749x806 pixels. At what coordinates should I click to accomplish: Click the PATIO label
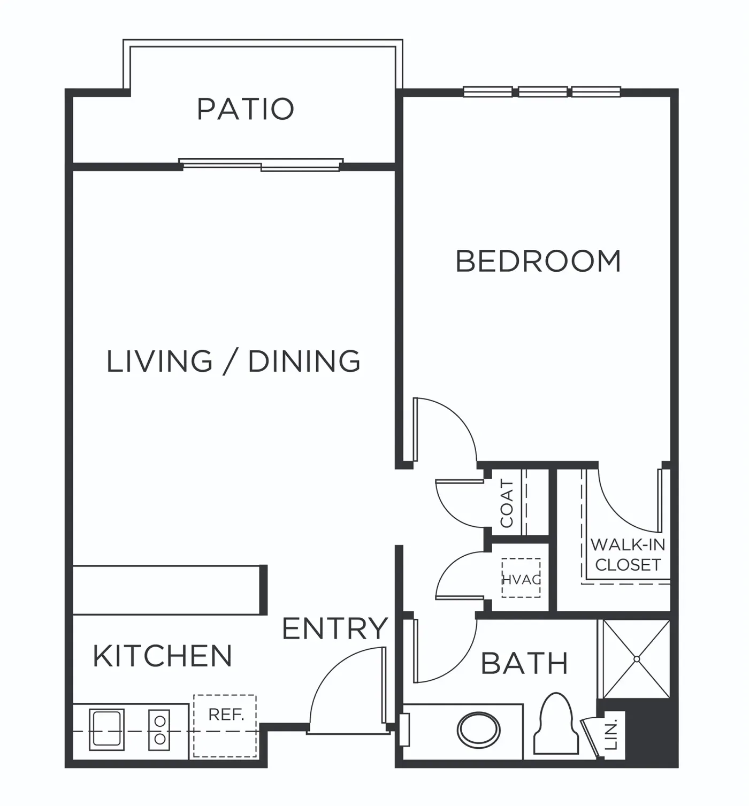click(x=245, y=109)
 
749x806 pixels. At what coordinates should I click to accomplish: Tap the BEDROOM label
click(x=538, y=261)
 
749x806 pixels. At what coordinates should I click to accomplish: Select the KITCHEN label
click(x=163, y=656)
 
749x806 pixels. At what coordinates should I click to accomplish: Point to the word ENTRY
click(x=335, y=628)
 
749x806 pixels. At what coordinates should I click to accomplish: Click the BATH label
click(x=524, y=664)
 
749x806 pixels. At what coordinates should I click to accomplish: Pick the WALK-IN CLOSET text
click(x=628, y=555)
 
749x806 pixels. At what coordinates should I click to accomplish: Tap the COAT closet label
click(x=507, y=503)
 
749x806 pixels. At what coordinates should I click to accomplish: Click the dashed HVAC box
click(x=521, y=578)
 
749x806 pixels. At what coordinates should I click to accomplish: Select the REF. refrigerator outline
click(x=225, y=726)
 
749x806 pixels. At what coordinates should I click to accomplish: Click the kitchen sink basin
click(x=107, y=730)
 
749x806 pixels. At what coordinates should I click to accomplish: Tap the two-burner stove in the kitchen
click(x=159, y=730)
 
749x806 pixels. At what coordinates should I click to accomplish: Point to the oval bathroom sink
click(x=479, y=731)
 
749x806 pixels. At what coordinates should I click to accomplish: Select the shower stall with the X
click(x=636, y=659)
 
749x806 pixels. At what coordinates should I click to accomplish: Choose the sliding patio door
click(x=261, y=164)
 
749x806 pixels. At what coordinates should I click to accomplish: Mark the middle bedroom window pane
click(x=543, y=91)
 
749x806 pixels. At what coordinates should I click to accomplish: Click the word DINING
click(x=304, y=361)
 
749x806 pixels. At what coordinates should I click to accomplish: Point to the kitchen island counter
click(x=170, y=590)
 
